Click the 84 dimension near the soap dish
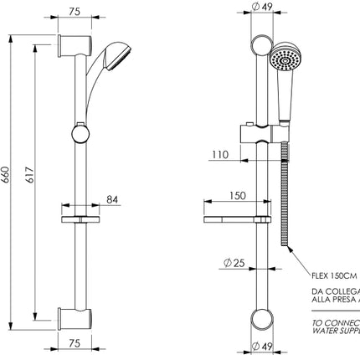[111, 199]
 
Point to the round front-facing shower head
[285, 60]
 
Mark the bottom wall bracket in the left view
[74, 317]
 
